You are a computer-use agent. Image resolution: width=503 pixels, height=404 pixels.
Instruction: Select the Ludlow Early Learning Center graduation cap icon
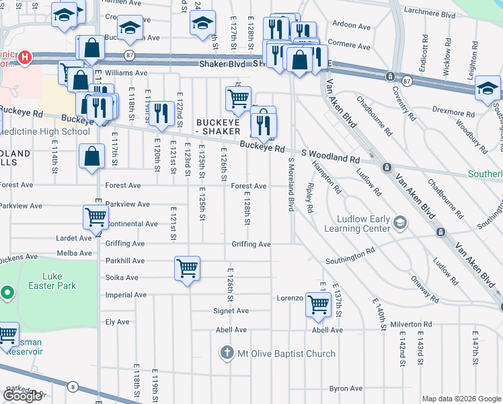(400, 222)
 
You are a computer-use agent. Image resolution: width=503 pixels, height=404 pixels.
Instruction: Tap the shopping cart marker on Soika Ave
(187, 269)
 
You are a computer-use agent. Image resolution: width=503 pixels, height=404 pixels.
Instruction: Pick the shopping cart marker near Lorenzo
(318, 304)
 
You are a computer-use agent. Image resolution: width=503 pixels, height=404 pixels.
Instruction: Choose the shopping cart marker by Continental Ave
(95, 217)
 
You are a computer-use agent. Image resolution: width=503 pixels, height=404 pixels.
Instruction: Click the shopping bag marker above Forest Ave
(91, 157)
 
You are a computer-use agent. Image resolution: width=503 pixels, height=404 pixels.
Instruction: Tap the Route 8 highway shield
(73, 386)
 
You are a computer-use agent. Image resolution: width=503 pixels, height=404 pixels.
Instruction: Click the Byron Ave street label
(346, 389)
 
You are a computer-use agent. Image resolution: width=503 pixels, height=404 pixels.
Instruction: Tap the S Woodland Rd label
(330, 156)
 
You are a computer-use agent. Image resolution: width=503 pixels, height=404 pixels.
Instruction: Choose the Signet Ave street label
(232, 311)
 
